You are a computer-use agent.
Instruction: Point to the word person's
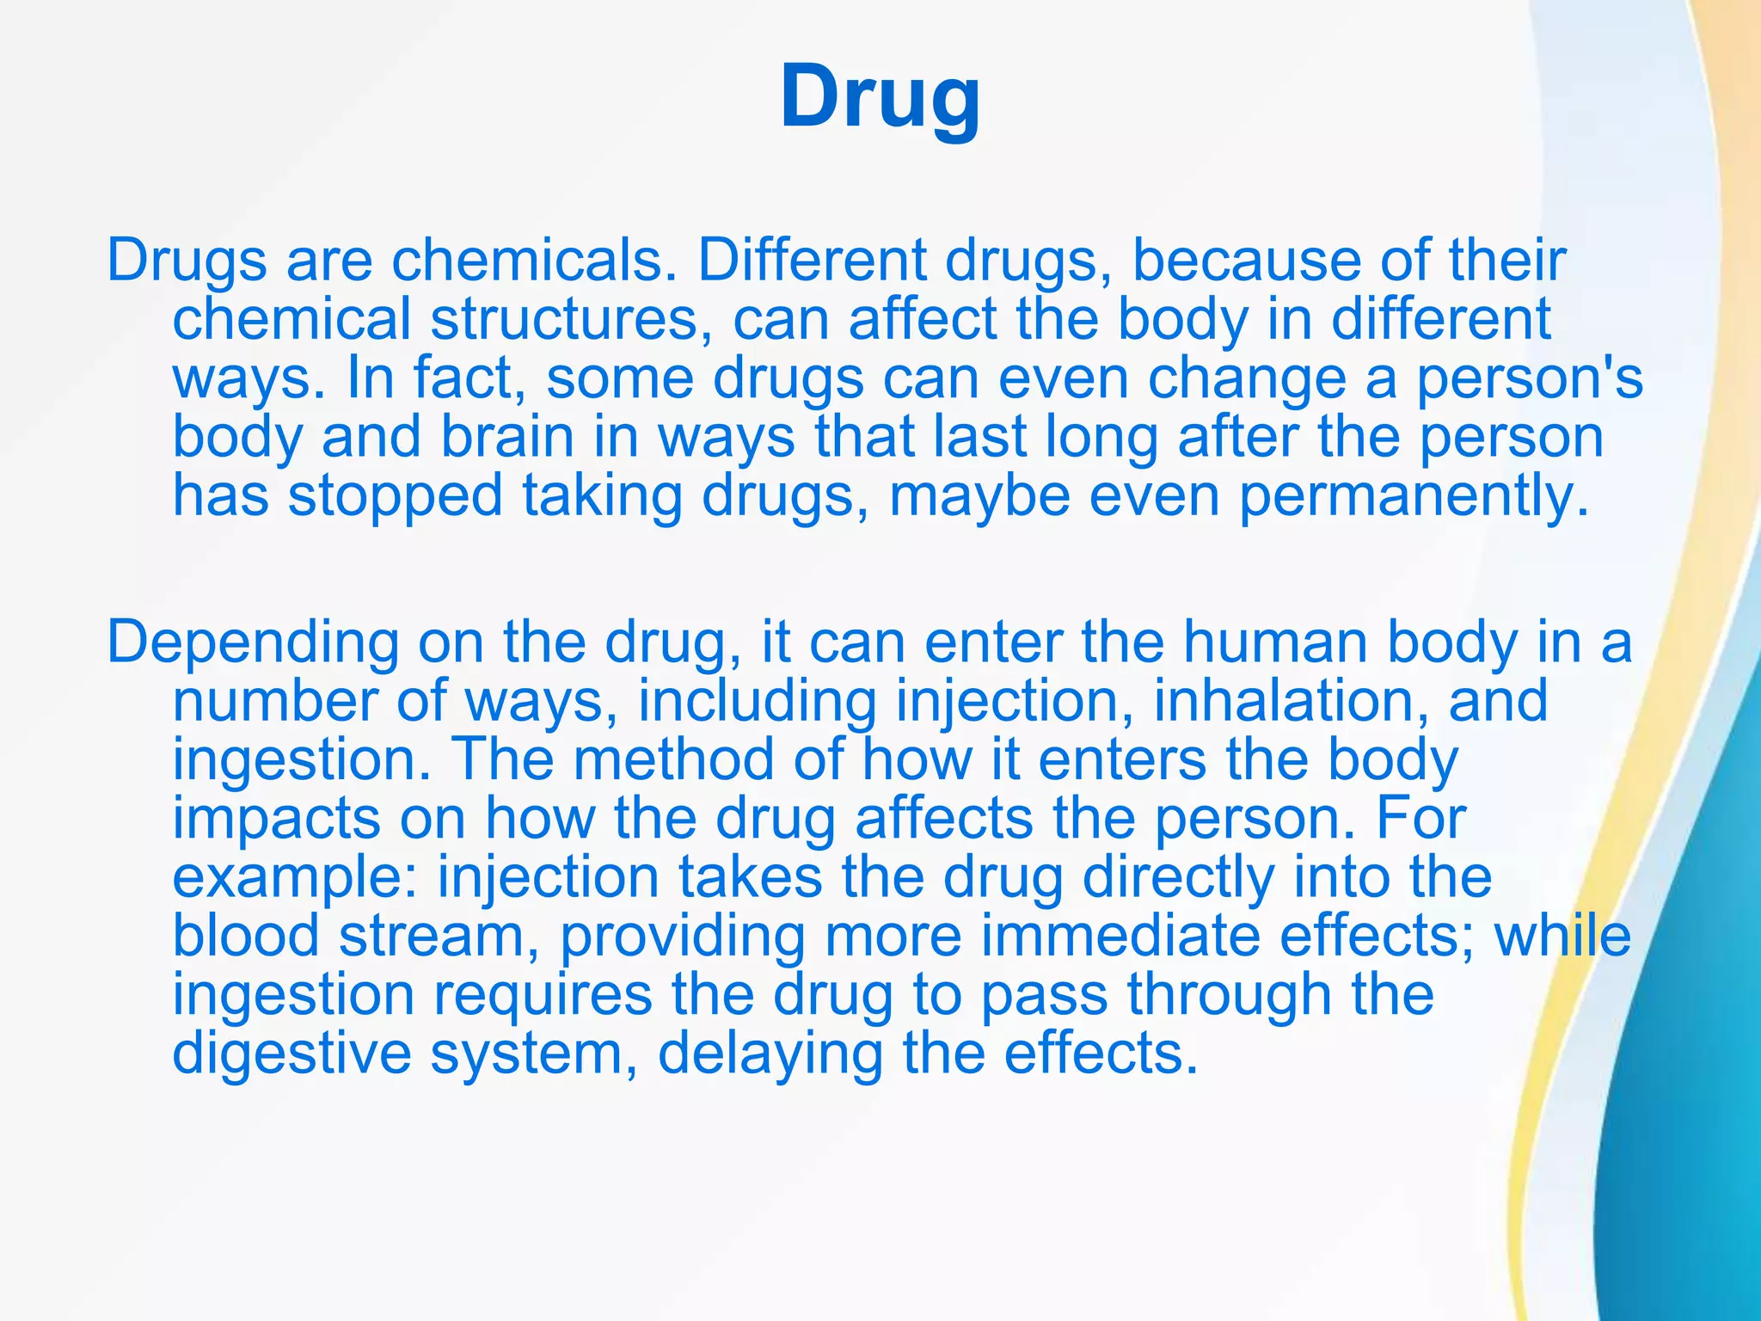[1530, 378]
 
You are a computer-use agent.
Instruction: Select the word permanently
[1414, 496]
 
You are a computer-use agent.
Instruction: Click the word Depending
[253, 643]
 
